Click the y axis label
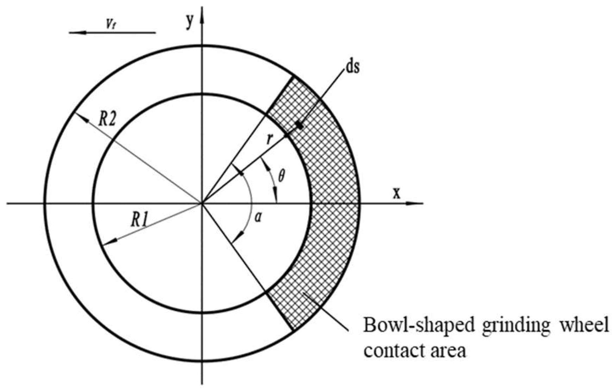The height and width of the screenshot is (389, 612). [x=190, y=22]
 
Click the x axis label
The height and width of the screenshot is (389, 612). [x=396, y=193]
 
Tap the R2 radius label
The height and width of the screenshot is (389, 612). [x=107, y=120]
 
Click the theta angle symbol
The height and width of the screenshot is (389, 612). [x=281, y=176]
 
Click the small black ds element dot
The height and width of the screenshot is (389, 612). [x=299, y=125]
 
